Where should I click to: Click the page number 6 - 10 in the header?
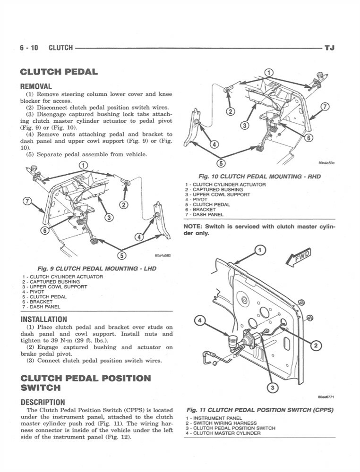point(29,48)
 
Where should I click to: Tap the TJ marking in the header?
point(329,48)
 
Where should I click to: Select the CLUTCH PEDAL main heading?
point(59,72)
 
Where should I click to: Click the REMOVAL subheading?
point(36,86)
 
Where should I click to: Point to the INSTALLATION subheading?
point(43,319)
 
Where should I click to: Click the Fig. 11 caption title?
point(260,410)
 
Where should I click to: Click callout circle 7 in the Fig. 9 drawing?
point(27,202)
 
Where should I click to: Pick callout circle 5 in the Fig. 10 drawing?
point(220,163)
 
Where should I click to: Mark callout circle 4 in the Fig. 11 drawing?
point(200,321)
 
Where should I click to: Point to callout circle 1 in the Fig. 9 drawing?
point(83,166)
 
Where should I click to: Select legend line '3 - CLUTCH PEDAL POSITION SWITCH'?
point(230,428)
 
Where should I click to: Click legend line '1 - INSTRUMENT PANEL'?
point(214,418)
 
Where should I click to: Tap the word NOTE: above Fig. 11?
point(194,227)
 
